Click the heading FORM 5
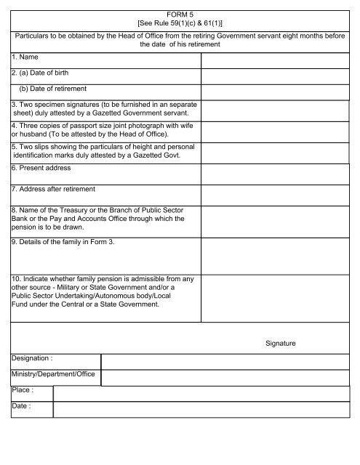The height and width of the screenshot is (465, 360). pyautogui.click(x=179, y=13)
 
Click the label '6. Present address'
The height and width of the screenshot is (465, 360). pyautogui.click(x=41, y=169)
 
